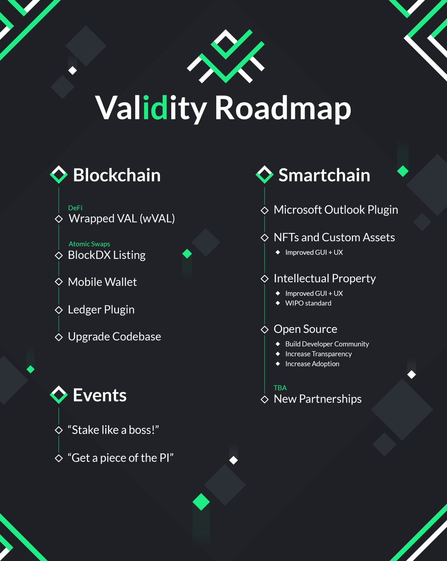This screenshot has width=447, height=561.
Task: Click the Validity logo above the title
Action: (x=226, y=55)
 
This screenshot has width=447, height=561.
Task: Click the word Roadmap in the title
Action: (x=283, y=108)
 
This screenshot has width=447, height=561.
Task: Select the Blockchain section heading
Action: (x=117, y=175)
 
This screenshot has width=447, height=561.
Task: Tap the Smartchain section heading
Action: (x=324, y=175)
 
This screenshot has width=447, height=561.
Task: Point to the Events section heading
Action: (x=100, y=396)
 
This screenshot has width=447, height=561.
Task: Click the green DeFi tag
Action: (x=75, y=208)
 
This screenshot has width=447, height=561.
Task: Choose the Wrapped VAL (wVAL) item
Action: (x=121, y=218)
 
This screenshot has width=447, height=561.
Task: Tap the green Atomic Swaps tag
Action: (x=89, y=244)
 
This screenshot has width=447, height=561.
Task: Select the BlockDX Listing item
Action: (x=107, y=255)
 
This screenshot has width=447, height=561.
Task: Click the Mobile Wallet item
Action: (x=103, y=282)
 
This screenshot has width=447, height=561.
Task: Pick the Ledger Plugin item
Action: (x=101, y=309)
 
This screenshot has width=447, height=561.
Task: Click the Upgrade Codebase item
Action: (x=114, y=337)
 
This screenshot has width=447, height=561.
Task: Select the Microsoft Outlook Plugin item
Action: (x=336, y=210)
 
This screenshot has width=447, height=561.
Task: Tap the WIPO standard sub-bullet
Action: (x=308, y=303)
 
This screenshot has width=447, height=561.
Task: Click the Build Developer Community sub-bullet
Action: (x=327, y=344)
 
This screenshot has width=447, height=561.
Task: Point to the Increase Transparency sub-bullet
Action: (x=318, y=354)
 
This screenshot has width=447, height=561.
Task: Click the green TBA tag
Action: (x=280, y=388)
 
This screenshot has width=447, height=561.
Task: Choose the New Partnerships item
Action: (x=317, y=399)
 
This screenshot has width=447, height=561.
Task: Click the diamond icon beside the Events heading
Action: (x=59, y=395)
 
